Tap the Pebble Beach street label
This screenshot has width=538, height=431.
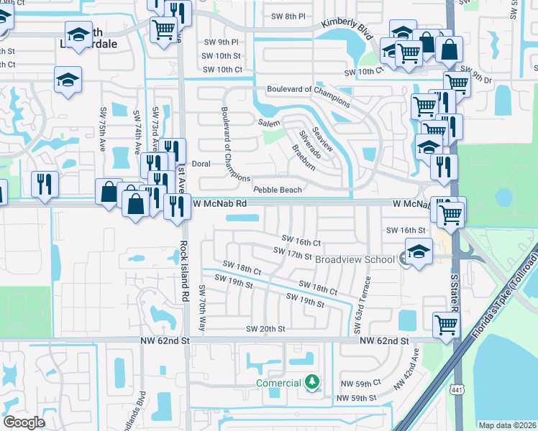point(277,190)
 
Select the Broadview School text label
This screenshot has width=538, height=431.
point(355,259)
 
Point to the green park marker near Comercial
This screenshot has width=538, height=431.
point(311,382)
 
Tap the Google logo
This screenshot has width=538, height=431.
point(24,422)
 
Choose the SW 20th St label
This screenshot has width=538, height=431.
point(266,329)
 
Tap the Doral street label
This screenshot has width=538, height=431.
point(201,164)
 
